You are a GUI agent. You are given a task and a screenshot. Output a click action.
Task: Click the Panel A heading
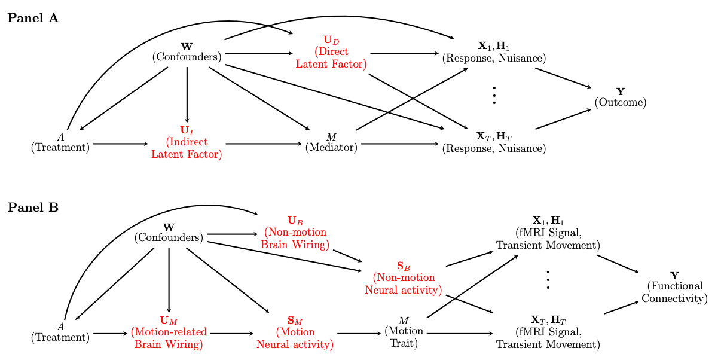point(33,18)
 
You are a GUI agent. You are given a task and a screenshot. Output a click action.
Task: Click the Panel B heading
point(33,208)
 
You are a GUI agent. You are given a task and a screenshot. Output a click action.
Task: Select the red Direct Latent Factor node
point(331,53)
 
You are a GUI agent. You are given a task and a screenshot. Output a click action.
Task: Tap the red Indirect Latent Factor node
point(187,142)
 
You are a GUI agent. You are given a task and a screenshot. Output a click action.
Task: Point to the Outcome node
point(621,97)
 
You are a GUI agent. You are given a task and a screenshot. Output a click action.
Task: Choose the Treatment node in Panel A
point(60,142)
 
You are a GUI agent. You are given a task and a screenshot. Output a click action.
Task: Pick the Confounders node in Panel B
point(169,233)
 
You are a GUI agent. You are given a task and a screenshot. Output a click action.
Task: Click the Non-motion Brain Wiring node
point(295,233)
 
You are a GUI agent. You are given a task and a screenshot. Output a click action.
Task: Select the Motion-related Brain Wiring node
point(169,333)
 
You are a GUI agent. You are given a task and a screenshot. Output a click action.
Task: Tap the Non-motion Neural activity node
point(404,278)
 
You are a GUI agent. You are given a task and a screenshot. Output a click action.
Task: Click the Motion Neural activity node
point(295,333)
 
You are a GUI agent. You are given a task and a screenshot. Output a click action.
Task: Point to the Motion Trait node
point(404,332)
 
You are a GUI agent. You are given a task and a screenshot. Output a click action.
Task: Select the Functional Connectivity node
point(674,286)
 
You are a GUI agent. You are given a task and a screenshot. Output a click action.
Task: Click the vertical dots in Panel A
point(494,96)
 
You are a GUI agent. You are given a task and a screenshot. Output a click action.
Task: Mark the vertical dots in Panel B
point(548,280)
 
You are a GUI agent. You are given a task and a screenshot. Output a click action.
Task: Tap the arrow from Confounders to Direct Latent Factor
point(258,53)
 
